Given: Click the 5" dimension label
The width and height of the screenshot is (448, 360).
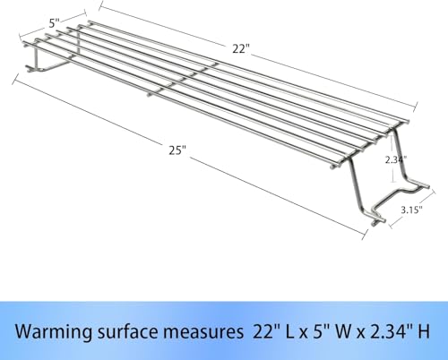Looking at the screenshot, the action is tap(55, 22).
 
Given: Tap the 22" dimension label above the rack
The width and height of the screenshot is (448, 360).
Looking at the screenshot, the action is tap(241, 48).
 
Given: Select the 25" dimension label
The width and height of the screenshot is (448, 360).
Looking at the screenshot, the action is tap(177, 150).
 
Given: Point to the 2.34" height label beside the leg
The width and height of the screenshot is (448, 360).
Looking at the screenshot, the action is tap(396, 159).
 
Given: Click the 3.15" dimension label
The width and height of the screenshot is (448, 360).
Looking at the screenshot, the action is tap(411, 210).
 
